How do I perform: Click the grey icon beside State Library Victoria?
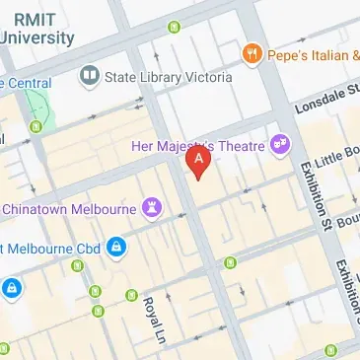point(91,75)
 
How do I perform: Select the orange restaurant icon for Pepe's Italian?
point(252,53)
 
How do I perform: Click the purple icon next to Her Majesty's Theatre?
point(282,145)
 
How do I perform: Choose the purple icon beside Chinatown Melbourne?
point(152,207)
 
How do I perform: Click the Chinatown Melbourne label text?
point(69,208)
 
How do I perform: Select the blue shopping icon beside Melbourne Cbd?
point(116,246)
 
